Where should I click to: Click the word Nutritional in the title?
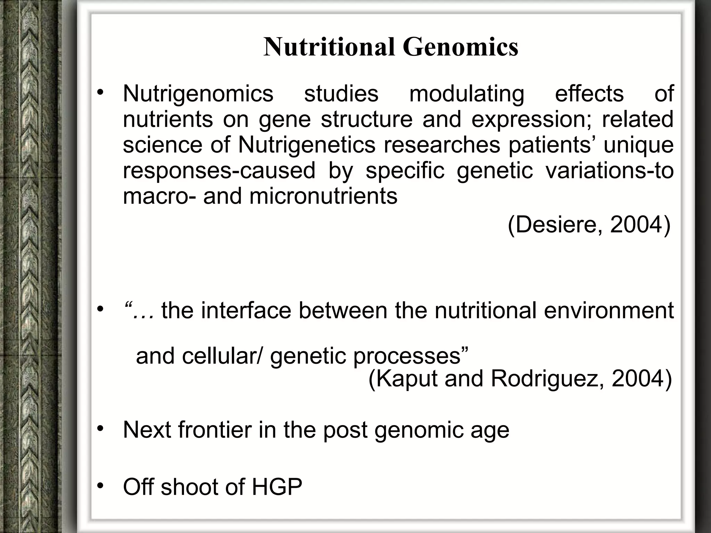pos(329,47)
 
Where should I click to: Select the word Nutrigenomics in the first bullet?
pos(198,94)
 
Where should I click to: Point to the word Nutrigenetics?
pos(307,145)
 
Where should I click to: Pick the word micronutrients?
pos(323,196)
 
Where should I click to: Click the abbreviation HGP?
pos(277,487)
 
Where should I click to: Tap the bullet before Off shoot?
pos(100,486)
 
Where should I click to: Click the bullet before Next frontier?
pos(100,429)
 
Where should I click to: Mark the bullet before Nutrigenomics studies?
pos(100,93)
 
